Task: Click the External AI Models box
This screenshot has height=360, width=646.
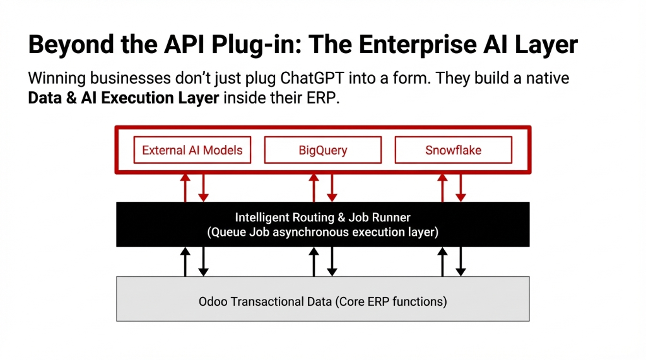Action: click(192, 151)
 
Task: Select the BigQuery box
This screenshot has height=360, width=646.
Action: click(322, 151)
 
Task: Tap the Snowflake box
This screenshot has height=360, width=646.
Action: click(453, 151)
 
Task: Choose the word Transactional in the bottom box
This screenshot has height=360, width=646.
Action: click(266, 301)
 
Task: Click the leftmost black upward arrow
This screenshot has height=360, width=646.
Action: click(185, 261)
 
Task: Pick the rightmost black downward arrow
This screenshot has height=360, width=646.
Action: click(461, 261)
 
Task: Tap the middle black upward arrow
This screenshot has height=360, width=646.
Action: click(314, 261)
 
